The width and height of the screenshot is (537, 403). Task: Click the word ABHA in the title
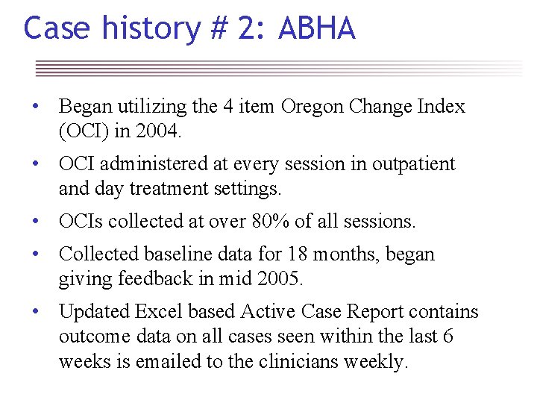coord(316,28)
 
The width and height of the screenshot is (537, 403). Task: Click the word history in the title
coord(151,28)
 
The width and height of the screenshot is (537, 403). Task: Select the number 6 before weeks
coord(447,337)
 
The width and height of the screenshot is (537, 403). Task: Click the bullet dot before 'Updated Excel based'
coord(34,312)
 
